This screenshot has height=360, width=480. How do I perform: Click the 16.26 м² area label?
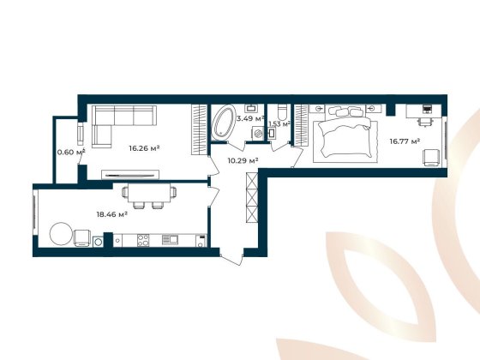[x=145, y=148]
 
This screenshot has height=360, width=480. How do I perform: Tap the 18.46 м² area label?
[x=111, y=215]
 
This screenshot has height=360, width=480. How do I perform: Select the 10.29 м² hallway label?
[x=243, y=159]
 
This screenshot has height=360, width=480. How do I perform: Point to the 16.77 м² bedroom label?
[x=404, y=141]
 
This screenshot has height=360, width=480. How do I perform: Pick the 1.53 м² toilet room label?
[x=279, y=124]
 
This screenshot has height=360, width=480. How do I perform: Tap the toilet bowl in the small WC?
[x=280, y=111]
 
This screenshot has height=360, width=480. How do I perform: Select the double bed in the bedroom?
[x=343, y=137]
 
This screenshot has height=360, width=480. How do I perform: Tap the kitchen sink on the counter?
[x=170, y=239]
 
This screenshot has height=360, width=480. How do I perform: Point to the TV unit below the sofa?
[x=129, y=173]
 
